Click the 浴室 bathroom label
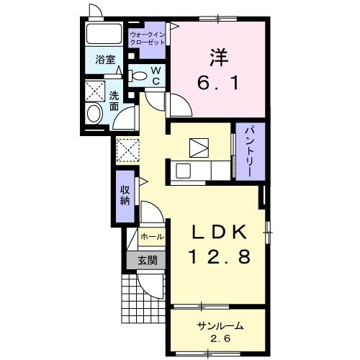105,60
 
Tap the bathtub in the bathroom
104,34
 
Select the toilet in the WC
138,76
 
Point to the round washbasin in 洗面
95,114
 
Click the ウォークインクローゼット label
148,38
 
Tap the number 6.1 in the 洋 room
218,82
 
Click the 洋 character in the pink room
219,57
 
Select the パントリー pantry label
249,152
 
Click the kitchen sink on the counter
184,171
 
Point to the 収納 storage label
125,195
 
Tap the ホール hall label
152,237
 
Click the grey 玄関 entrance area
146,260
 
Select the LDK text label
219,232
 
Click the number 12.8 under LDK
220,256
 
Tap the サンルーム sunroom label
220,326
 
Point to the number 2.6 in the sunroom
220,338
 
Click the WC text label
156,76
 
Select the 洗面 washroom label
114,101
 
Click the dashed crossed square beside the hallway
127,150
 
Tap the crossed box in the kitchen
199,148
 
